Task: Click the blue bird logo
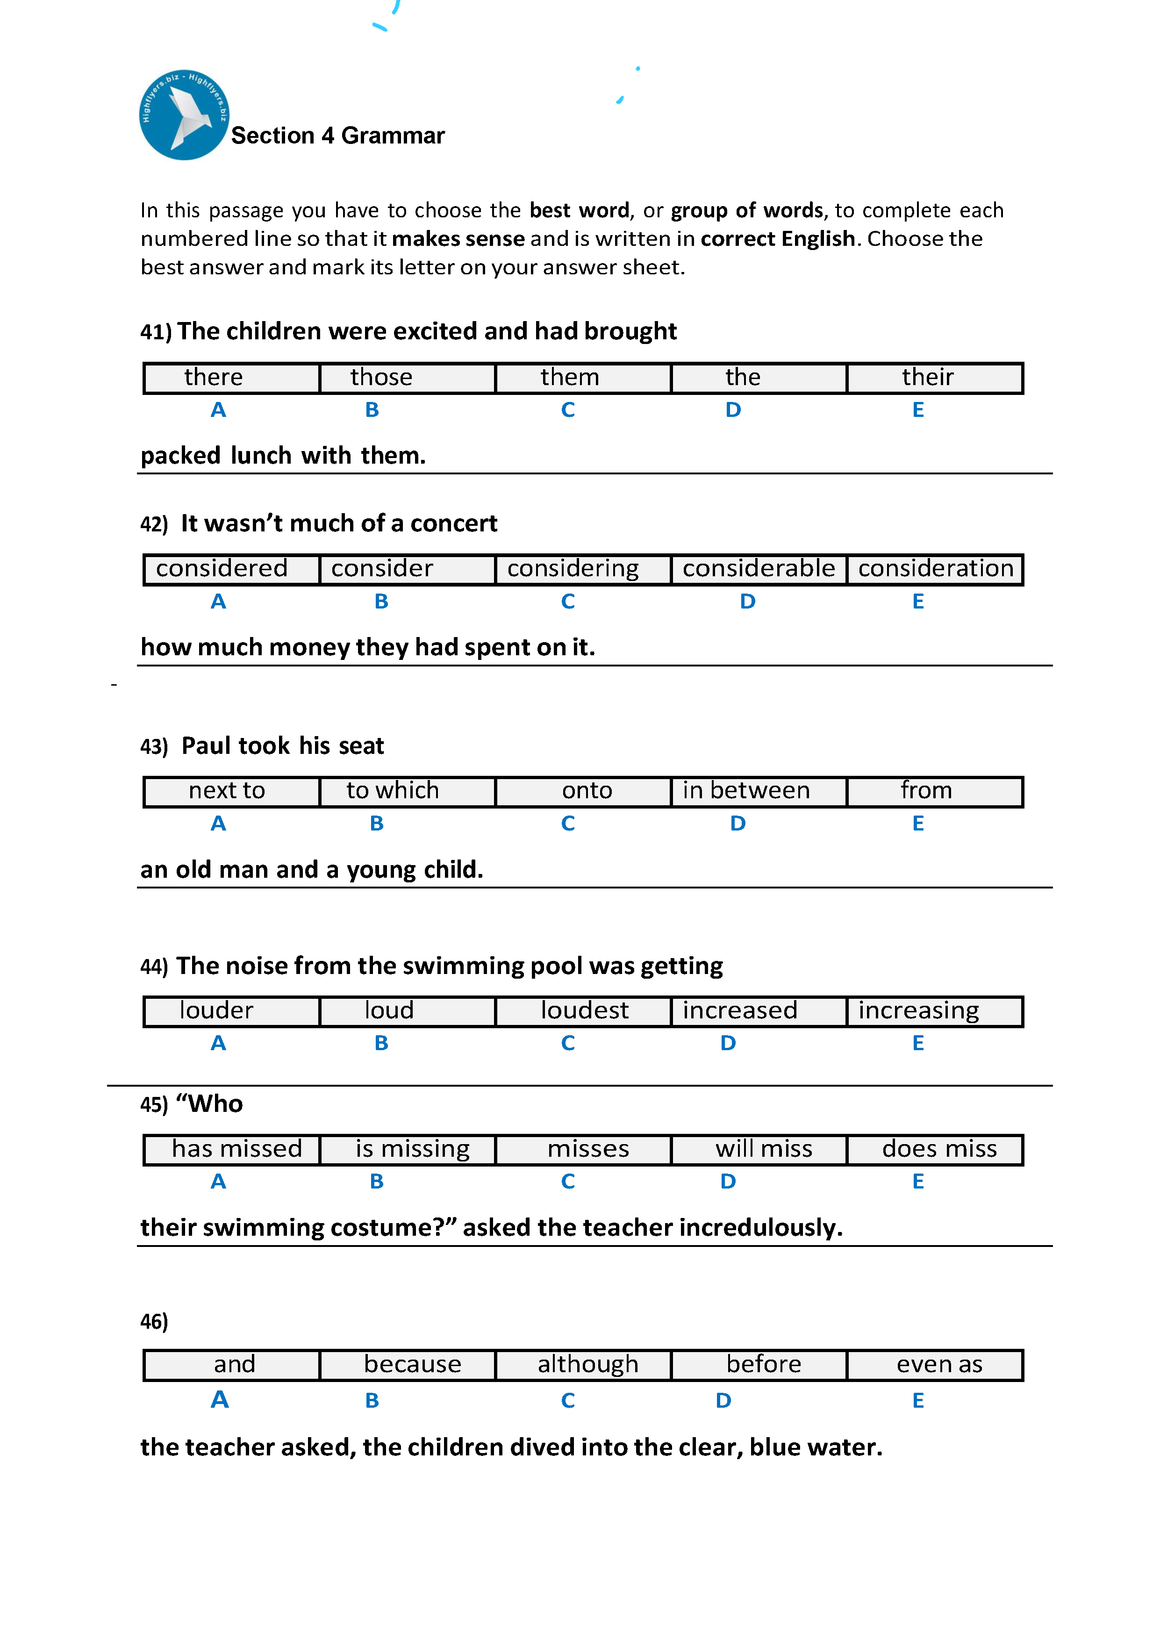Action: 184,115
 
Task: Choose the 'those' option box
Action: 407,378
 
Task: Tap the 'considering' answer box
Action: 583,569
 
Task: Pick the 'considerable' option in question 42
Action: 759,569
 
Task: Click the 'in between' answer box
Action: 759,791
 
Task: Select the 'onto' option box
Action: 583,791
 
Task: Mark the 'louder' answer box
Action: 231,1011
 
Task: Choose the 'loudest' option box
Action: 583,1011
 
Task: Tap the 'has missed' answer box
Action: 231,1149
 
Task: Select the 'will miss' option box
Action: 759,1149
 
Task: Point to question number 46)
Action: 154,1321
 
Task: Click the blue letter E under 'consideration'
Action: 918,602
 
